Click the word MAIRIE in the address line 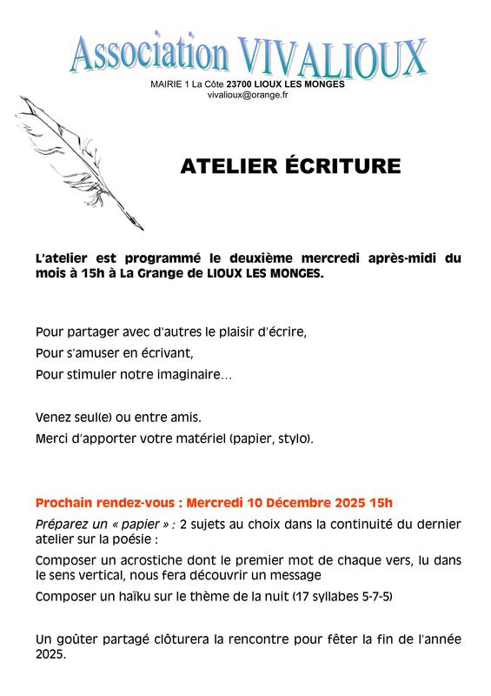pos(165,84)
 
